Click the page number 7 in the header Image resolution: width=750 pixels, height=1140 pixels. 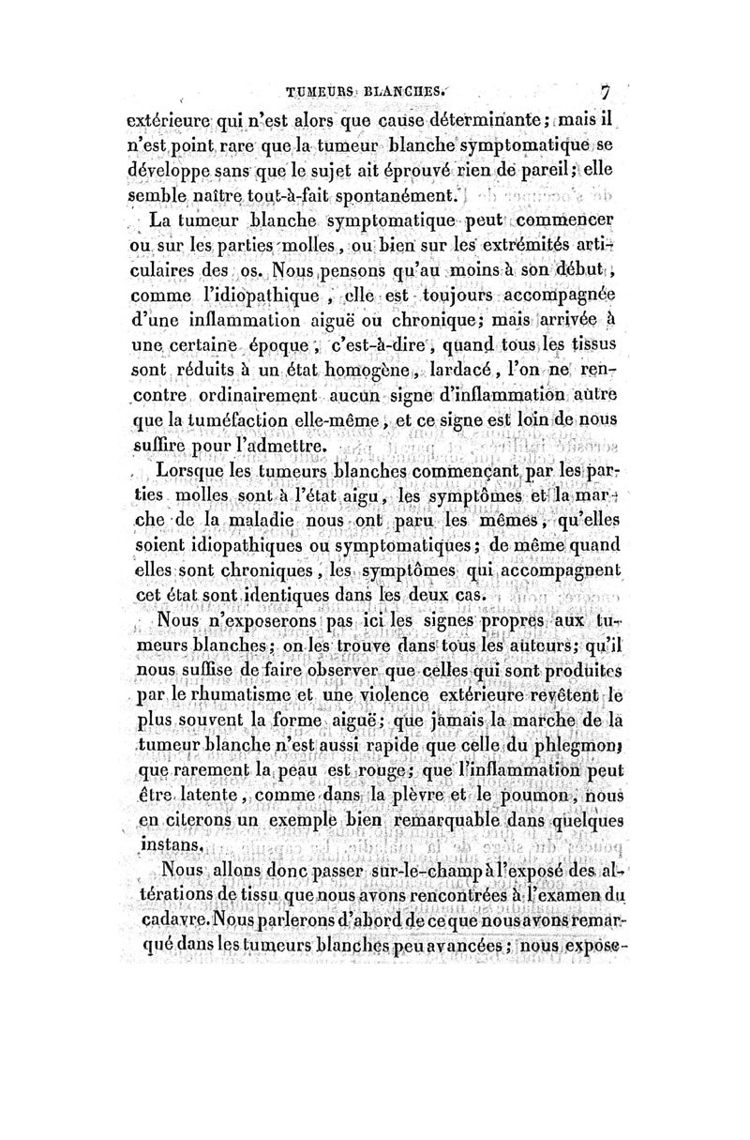click(607, 94)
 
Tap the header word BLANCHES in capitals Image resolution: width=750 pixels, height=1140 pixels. click(403, 94)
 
